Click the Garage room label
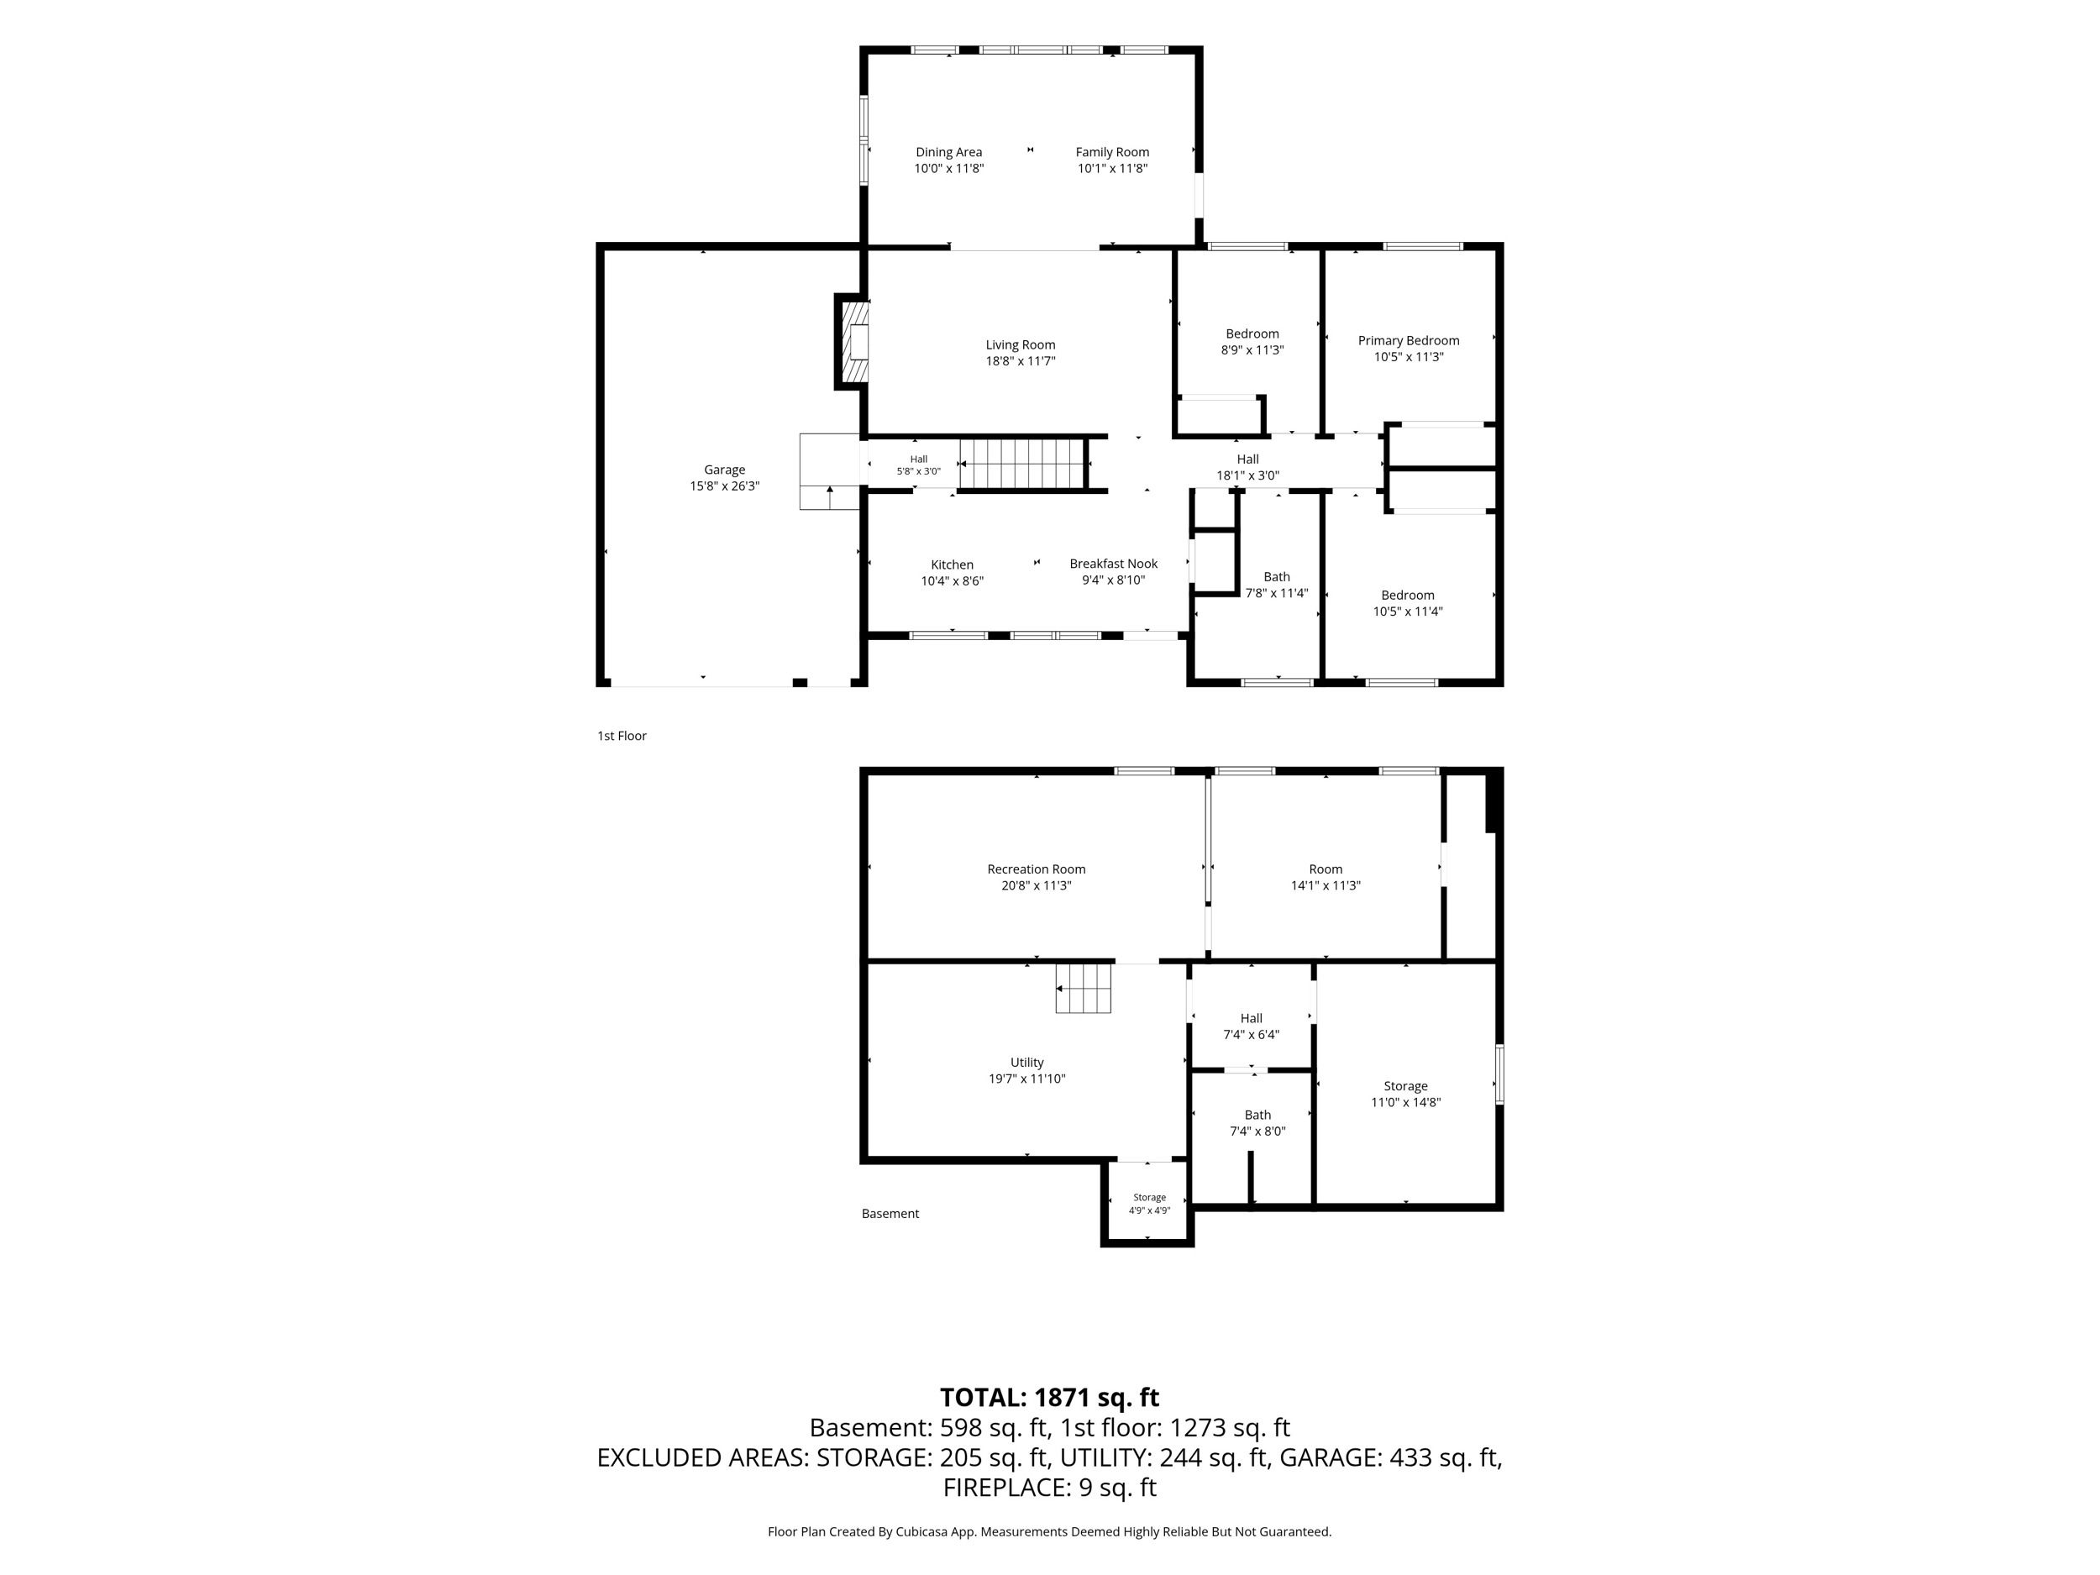click(724, 469)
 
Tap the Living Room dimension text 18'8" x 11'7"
click(1021, 360)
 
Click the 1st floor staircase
click(1021, 464)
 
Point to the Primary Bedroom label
click(1409, 340)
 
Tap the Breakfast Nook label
click(1114, 563)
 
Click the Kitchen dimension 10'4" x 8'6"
click(953, 581)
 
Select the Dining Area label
click(948, 152)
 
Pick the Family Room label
click(1113, 152)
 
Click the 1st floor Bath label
click(1277, 576)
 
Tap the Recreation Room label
click(1037, 869)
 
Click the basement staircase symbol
click(1084, 989)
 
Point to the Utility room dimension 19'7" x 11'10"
click(1027, 1079)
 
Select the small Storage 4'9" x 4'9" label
click(1150, 1204)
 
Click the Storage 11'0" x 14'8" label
click(1406, 1094)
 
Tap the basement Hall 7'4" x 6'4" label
click(1252, 1026)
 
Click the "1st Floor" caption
click(622, 736)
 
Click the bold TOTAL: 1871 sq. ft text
click(1050, 1398)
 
